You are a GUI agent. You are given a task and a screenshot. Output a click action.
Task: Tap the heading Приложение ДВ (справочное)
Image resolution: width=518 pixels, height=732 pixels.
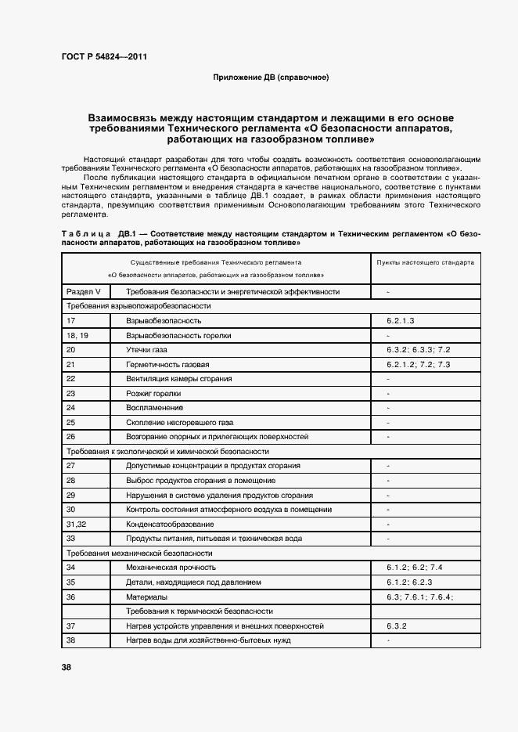(x=271, y=78)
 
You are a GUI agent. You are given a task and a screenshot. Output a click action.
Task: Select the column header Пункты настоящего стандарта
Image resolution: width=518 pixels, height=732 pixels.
(x=426, y=263)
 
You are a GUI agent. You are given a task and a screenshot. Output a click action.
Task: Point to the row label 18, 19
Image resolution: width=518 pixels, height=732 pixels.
(x=77, y=335)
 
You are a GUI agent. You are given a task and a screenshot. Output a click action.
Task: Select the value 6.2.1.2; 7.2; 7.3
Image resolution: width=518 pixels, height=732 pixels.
(x=418, y=365)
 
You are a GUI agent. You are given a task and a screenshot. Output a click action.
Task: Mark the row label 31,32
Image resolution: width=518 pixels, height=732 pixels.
(x=76, y=524)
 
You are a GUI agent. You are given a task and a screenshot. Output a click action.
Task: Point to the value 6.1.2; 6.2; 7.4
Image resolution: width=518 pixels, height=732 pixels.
(x=415, y=568)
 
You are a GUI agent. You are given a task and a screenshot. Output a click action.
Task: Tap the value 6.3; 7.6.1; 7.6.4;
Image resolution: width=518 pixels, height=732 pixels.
(x=419, y=597)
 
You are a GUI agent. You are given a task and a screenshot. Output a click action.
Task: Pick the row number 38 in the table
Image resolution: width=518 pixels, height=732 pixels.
(x=71, y=640)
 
